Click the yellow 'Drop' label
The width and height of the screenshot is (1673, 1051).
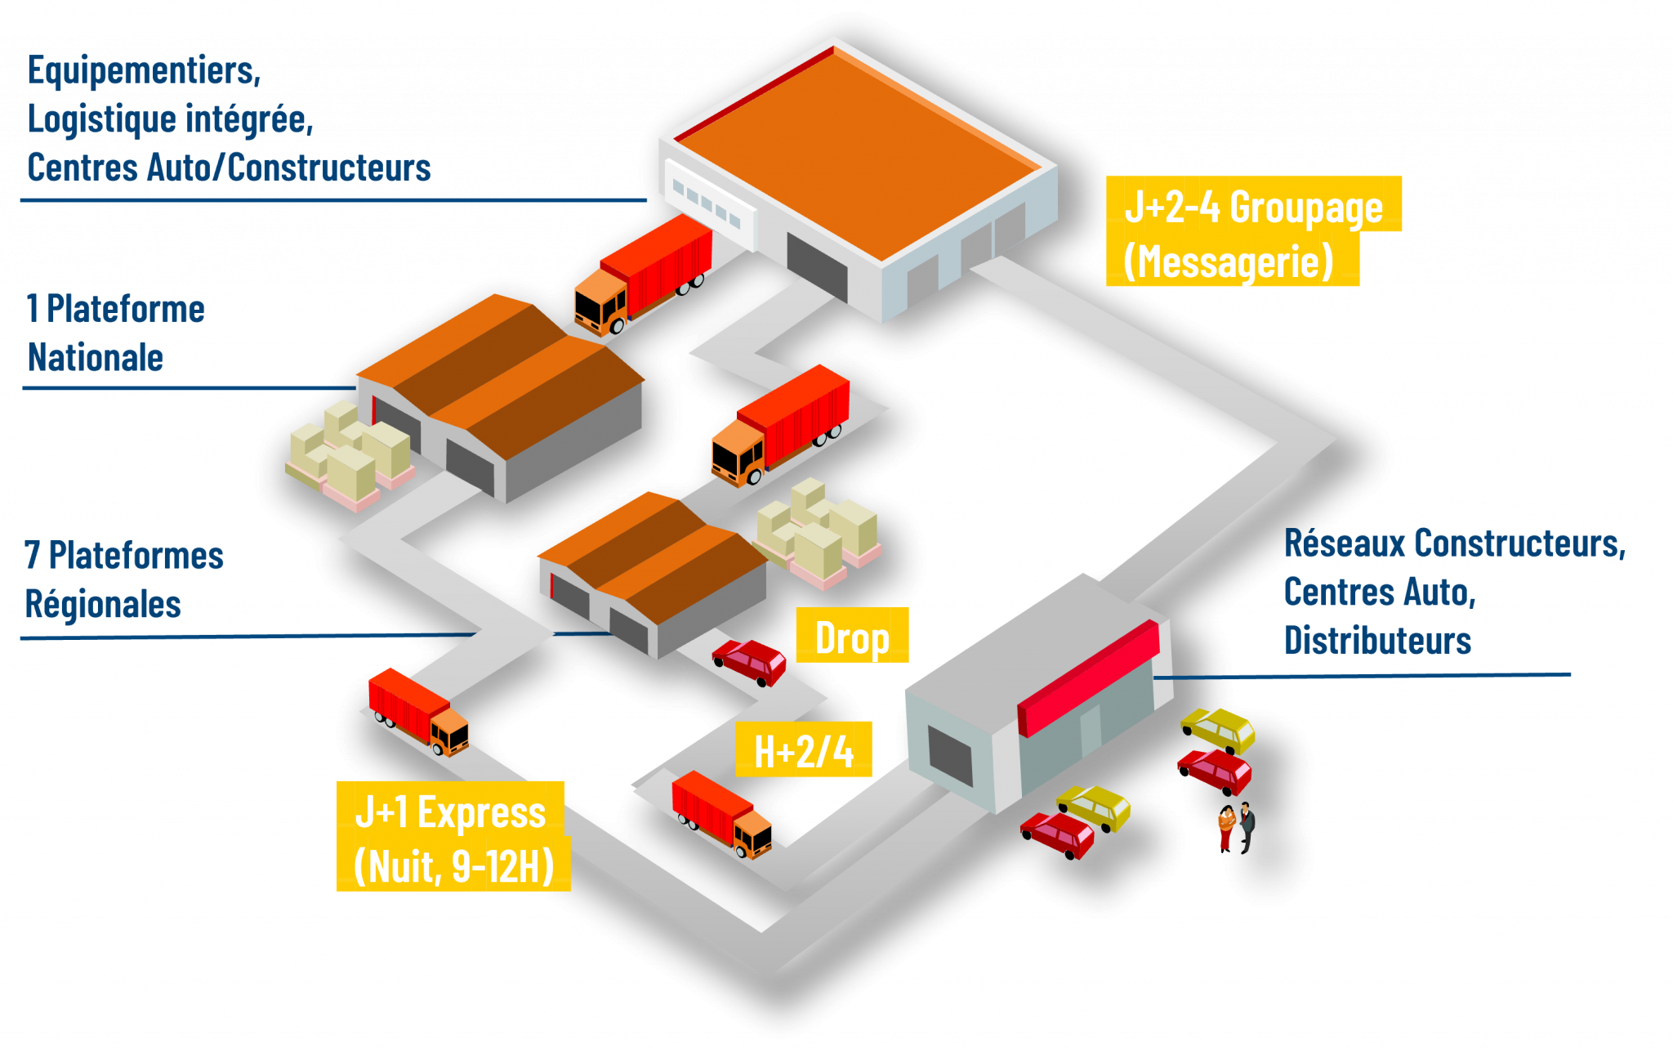[852, 636]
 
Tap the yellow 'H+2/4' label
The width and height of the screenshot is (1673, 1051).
[804, 749]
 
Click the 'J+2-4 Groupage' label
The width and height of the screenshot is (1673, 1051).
[1253, 205]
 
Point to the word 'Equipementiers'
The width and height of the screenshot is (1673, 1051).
[143, 70]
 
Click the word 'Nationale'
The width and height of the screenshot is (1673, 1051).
[96, 357]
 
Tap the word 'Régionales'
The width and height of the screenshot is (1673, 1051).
[103, 604]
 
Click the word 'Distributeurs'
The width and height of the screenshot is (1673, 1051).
[1377, 640]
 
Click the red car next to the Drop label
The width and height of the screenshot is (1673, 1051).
[750, 660]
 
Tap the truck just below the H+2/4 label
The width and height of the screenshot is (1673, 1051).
[721, 814]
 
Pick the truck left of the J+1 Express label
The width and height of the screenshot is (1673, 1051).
[418, 710]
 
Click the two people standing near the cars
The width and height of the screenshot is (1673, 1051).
[1237, 827]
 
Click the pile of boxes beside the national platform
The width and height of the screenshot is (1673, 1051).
[350, 454]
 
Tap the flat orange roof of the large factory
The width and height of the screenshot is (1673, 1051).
[858, 151]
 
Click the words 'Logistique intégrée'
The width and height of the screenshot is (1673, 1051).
[169, 119]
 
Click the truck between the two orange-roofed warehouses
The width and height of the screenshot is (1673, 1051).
[780, 425]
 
